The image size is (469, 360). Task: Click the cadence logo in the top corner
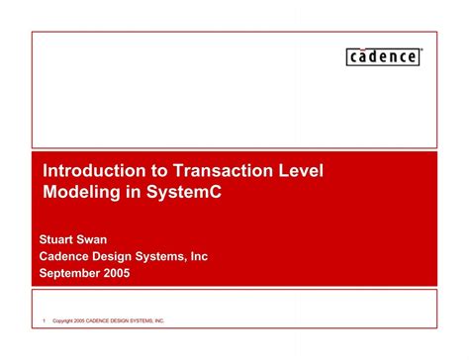pyautogui.click(x=384, y=56)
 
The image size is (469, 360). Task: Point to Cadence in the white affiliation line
pyautogui.click(x=65, y=256)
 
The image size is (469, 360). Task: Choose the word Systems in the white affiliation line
pyautogui.click(x=172, y=256)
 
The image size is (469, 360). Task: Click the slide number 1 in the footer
pyautogui.click(x=45, y=321)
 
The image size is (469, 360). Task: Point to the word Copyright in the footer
pyautogui.click(x=66, y=321)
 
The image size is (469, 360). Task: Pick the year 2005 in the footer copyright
pyautogui.click(x=89, y=321)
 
